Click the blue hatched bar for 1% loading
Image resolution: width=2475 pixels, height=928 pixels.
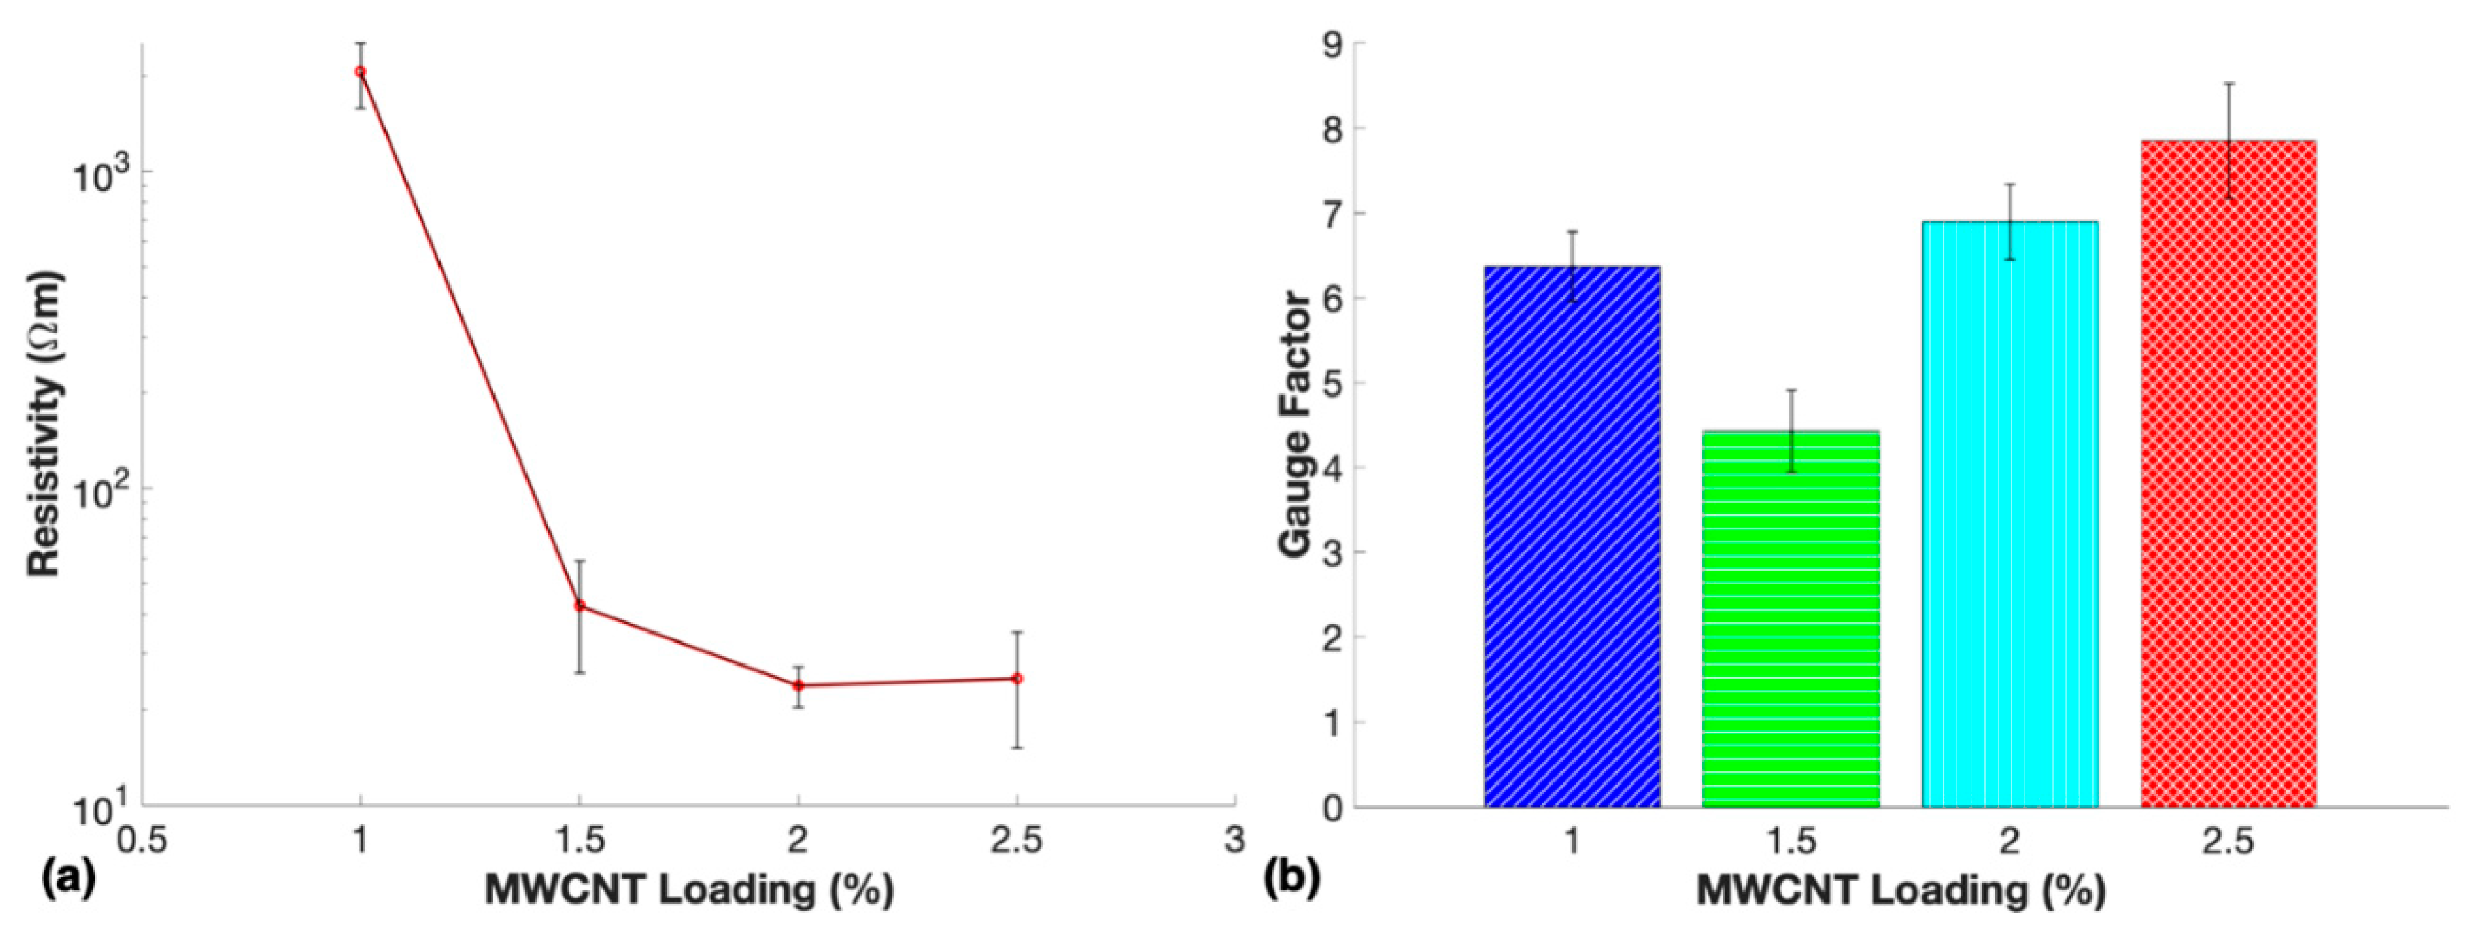(x=1572, y=538)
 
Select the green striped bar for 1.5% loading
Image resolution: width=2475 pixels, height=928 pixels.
(x=1791, y=620)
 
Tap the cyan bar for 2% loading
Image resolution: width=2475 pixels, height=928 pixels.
(x=2010, y=514)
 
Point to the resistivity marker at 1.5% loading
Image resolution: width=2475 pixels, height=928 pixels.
(x=579, y=605)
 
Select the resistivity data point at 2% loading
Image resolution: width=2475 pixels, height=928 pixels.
(x=798, y=685)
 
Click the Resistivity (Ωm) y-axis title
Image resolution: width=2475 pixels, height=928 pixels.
(x=46, y=423)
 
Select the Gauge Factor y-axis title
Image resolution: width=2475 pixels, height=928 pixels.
(x=1296, y=423)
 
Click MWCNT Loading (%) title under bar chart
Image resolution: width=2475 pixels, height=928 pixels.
(x=1900, y=890)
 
